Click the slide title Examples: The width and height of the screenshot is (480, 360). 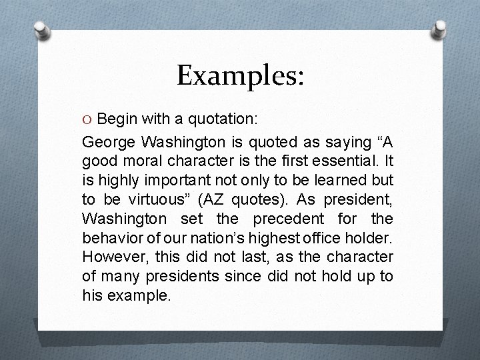pos(240,75)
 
